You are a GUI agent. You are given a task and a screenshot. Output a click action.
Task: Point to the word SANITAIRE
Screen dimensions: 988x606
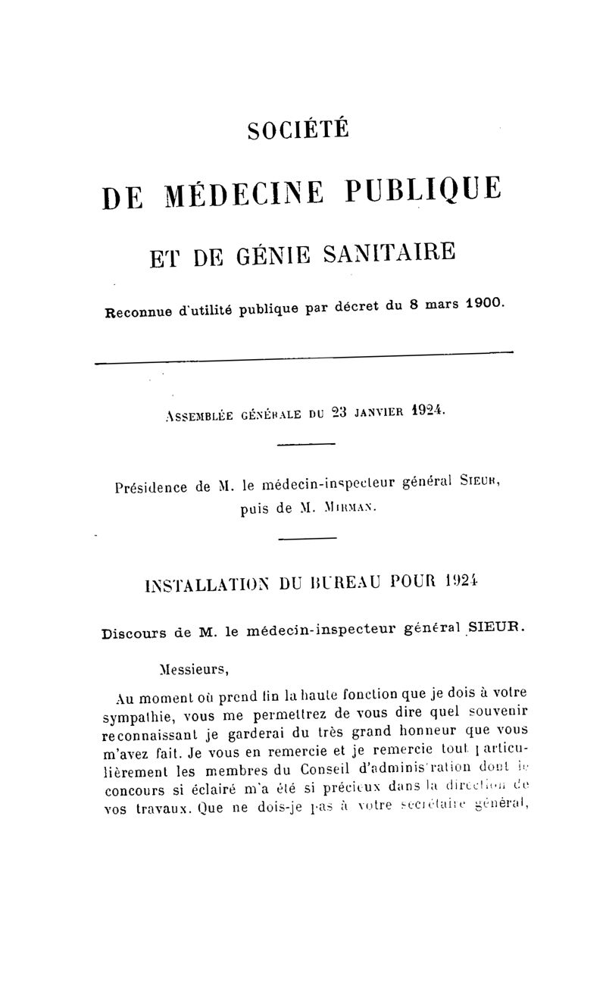[390, 249]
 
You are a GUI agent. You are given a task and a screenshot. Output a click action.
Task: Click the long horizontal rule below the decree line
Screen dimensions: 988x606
[303, 358]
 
